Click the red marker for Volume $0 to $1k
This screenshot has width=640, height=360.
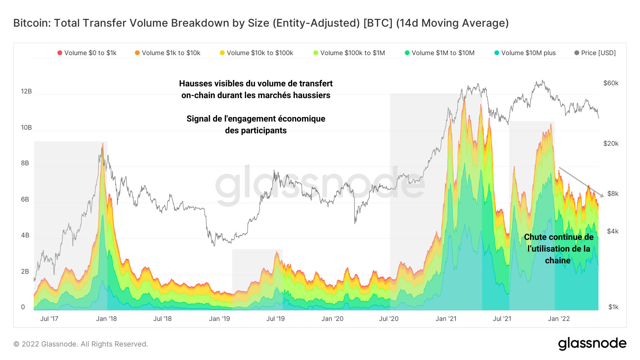pyautogui.click(x=60, y=53)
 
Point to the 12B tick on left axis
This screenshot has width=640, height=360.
pyautogui.click(x=26, y=91)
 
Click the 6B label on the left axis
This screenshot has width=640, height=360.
pyautogui.click(x=25, y=199)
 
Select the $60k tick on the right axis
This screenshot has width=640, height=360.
pyautogui.click(x=610, y=83)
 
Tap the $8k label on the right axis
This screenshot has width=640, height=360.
pyautogui.click(x=613, y=194)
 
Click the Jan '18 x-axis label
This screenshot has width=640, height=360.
pyautogui.click(x=106, y=319)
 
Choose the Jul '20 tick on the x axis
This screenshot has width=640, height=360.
pyautogui.click(x=389, y=319)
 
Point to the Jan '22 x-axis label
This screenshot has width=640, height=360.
pyautogui.click(x=559, y=319)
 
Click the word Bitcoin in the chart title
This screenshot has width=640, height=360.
pyautogui.click(x=32, y=23)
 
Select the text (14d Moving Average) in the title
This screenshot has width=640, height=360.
pyautogui.click(x=452, y=23)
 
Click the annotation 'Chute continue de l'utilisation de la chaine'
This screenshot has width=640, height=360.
pyautogui.click(x=559, y=249)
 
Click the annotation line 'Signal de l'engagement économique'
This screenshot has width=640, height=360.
pyautogui.click(x=256, y=119)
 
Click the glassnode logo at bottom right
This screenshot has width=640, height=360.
pyautogui.click(x=592, y=344)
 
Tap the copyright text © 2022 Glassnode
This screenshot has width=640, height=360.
pyautogui.click(x=80, y=344)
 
